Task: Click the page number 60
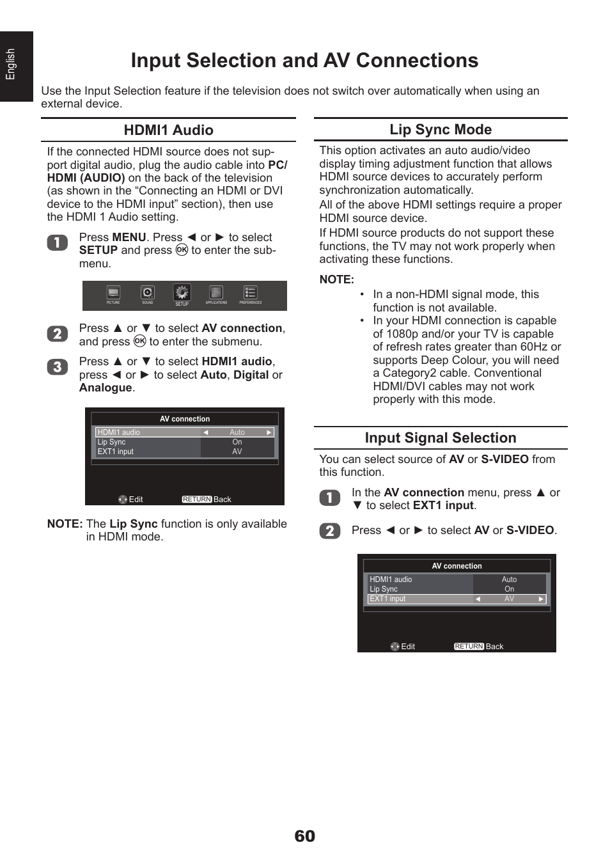click(x=304, y=836)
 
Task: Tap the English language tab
click(x=11, y=65)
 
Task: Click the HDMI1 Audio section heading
click(x=168, y=130)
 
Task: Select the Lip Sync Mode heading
click(x=441, y=129)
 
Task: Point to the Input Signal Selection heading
click(x=441, y=438)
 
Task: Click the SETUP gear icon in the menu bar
click(x=182, y=293)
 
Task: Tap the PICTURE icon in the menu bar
click(x=113, y=293)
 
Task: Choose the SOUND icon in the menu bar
click(x=148, y=293)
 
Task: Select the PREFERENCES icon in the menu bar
click(x=251, y=293)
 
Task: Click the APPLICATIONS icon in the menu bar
click(x=216, y=293)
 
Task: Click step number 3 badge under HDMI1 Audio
click(x=57, y=367)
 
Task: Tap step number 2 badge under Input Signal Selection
click(x=329, y=531)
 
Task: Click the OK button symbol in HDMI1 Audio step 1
click(x=182, y=250)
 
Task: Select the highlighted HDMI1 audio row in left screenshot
click(x=184, y=432)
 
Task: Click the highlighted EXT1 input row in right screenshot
click(x=457, y=599)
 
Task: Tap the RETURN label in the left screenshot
click(x=196, y=500)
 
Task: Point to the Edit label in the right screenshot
click(x=407, y=647)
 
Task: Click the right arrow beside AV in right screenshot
click(x=541, y=599)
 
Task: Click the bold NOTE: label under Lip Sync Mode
click(x=336, y=279)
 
